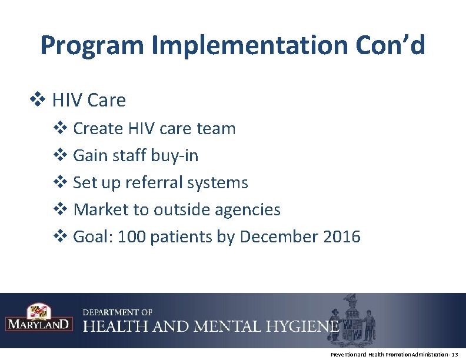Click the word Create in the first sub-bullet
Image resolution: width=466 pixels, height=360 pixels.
pos(97,128)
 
